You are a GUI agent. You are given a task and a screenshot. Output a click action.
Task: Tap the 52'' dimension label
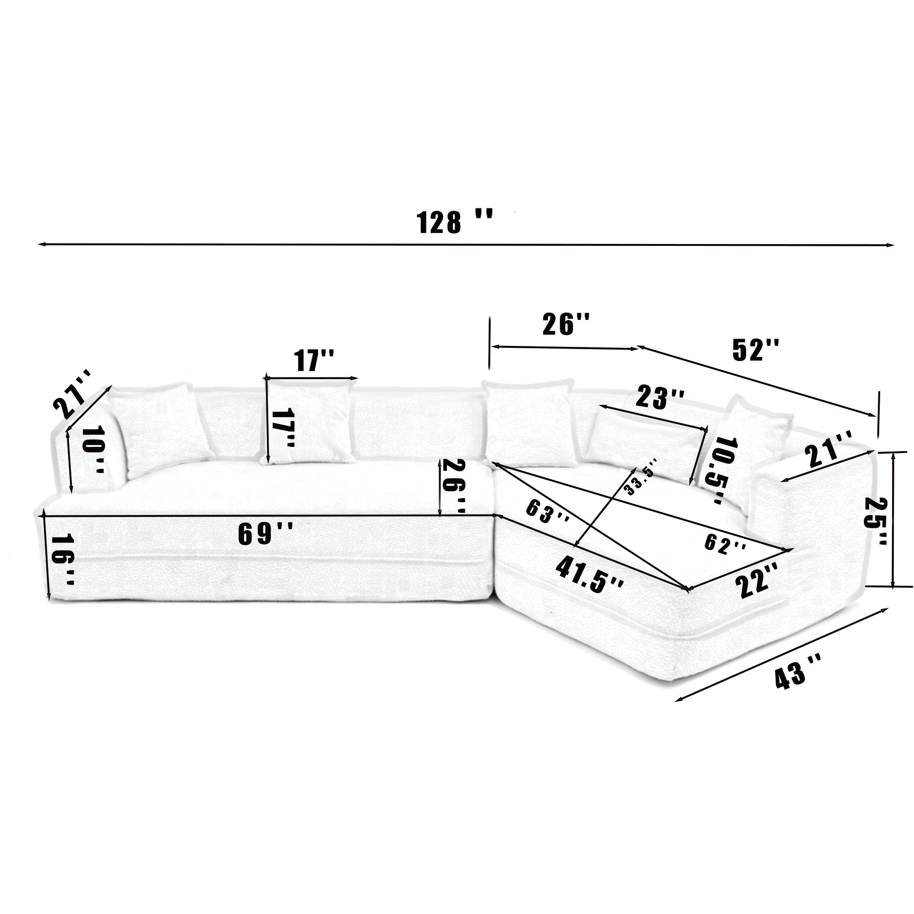pyautogui.click(x=755, y=351)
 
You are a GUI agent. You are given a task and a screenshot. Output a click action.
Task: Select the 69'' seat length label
pyautogui.click(x=266, y=534)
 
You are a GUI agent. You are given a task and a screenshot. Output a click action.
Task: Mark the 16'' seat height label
pyautogui.click(x=63, y=560)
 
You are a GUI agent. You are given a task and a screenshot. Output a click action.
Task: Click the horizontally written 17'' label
pyautogui.click(x=314, y=361)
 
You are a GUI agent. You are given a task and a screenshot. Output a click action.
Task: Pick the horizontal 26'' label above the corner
pyautogui.click(x=566, y=324)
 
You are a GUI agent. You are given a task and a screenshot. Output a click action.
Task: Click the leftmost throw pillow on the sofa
pyautogui.click(x=161, y=428)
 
